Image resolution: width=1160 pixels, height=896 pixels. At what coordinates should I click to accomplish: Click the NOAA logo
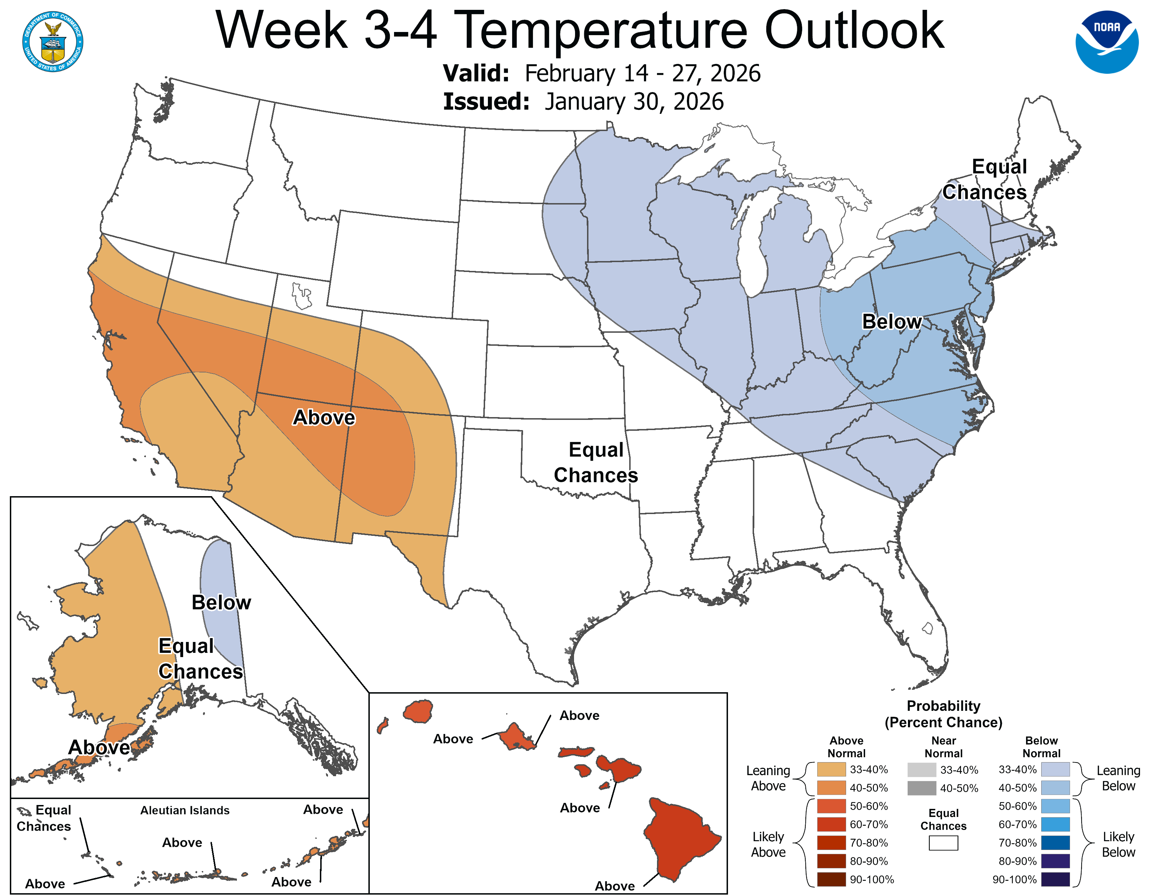pos(1107,42)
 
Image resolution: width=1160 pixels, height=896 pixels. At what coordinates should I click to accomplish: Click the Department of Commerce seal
pos(53,42)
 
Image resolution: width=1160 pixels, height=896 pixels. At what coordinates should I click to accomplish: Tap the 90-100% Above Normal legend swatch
pos(831,879)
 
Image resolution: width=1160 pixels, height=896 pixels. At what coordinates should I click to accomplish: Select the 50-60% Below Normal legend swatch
pos(1055,806)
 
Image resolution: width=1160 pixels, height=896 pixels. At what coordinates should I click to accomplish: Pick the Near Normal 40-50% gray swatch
pos(922,788)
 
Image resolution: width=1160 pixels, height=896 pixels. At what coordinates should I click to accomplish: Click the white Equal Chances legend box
pos(943,843)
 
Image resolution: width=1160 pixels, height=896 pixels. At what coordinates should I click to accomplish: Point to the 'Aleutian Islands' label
pos(185,811)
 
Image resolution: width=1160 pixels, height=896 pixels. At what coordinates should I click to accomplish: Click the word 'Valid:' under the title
pos(476,73)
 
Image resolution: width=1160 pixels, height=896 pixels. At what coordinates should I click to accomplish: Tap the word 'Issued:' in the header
pos(486,102)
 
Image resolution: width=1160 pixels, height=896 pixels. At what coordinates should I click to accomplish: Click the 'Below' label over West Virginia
pos(891,322)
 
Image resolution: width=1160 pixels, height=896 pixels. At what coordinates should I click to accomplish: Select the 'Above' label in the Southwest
pos(324,418)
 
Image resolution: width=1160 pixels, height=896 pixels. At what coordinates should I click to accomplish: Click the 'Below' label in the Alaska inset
pos(221,603)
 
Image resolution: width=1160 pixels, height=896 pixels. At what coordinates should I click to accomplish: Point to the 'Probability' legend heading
pos(943,706)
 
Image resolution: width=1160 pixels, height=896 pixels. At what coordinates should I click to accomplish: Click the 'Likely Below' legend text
pos(1118,844)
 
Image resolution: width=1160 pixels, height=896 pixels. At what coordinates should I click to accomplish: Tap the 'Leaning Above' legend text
pos(768,778)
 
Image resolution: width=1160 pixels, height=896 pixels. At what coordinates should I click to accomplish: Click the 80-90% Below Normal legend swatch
pos(1055,861)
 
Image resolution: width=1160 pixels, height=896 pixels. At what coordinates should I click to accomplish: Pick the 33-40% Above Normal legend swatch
pos(831,770)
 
